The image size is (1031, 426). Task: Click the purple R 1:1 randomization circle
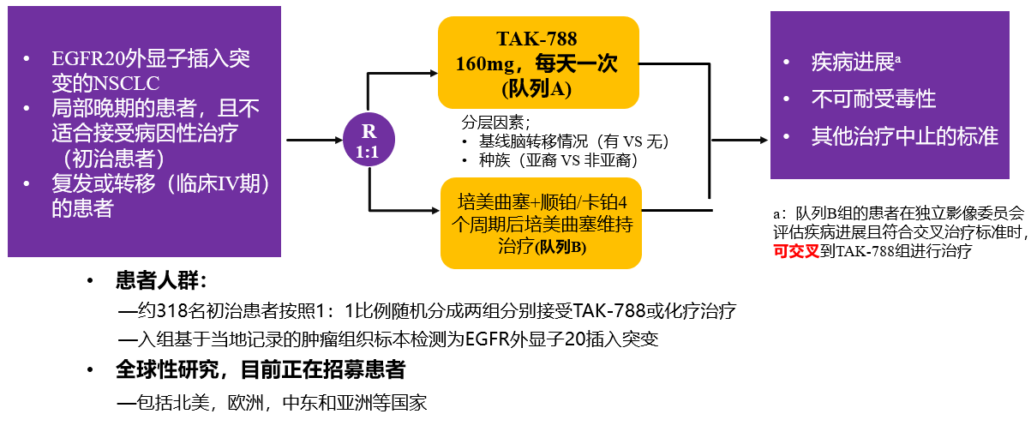pyautogui.click(x=369, y=140)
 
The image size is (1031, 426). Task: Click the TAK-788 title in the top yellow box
pyautogui.click(x=536, y=39)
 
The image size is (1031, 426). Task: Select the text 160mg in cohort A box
pyautogui.click(x=485, y=64)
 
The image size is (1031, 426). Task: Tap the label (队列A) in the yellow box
pyautogui.click(x=536, y=89)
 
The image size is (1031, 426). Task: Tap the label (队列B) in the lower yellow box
pyautogui.click(x=560, y=248)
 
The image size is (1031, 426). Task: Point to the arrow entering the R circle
pyautogui.click(x=315, y=140)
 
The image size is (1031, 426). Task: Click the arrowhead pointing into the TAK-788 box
pyautogui.click(x=433, y=73)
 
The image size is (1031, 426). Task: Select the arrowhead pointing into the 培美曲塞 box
pyautogui.click(x=435, y=211)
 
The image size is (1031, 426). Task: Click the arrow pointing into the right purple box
pyautogui.click(x=740, y=140)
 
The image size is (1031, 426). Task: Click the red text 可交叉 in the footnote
pyautogui.click(x=796, y=251)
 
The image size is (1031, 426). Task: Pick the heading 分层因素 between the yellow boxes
pyautogui.click(x=493, y=123)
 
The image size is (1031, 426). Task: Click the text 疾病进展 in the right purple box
pyautogui.click(x=853, y=62)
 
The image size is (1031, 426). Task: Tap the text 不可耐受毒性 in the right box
pyautogui.click(x=873, y=99)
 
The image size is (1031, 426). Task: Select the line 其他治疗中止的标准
pyautogui.click(x=905, y=136)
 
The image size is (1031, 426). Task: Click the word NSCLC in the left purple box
pyautogui.click(x=126, y=84)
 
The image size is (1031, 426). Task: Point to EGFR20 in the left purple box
pyautogui.click(x=88, y=59)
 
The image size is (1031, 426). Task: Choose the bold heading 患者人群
pyautogui.click(x=157, y=280)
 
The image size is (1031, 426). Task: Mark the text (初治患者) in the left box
pyautogui.click(x=114, y=159)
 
